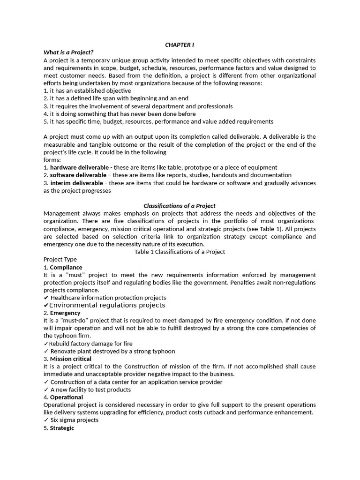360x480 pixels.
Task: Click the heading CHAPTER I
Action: [179, 45]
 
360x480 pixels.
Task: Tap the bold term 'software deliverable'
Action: [78, 175]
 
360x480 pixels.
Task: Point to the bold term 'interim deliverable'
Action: [76, 183]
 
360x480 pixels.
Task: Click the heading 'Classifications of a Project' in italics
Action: [179, 206]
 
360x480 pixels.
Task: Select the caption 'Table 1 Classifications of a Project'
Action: [180, 252]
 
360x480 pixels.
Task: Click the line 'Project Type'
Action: [60, 259]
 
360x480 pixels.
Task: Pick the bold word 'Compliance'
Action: [66, 267]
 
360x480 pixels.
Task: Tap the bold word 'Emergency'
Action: [65, 313]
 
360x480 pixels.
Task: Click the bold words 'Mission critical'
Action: [71, 359]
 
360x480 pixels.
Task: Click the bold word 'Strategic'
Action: [62, 428]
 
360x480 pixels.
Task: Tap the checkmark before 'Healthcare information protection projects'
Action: [46, 298]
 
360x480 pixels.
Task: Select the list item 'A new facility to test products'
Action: [90, 390]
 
